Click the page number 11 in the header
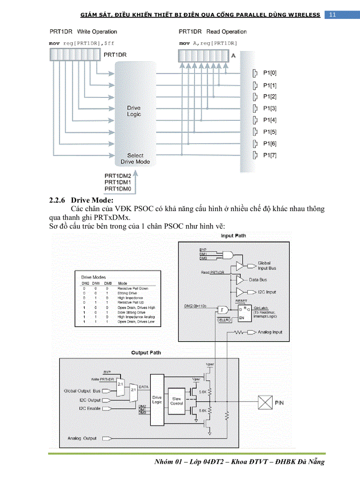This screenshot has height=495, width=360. pos(332,15)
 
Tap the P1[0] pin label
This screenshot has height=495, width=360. pos(270,73)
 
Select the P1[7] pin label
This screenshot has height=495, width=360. pos(270,155)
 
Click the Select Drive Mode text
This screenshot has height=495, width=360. pos(135,158)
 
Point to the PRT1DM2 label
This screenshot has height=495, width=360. pos(117,176)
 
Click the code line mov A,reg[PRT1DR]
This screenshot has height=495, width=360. pos(208,44)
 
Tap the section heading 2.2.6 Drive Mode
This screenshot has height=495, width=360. pos(81,200)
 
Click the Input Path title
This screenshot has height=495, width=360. pos(233,236)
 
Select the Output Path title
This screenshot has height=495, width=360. pos(146,353)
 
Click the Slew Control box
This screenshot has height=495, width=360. pos(176,401)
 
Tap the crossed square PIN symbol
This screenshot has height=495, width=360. pos(264,402)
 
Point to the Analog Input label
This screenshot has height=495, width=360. pos(270,332)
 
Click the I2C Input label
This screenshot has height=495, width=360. pos(267,292)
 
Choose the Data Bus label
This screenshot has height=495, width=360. pos(258,280)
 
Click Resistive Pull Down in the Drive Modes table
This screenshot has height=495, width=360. pos(133,288)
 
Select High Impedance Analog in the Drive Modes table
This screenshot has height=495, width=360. pos(136,317)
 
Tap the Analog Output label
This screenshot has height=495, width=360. pos(82,439)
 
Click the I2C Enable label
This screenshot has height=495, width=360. pos(90,409)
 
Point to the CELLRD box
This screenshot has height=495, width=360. pos(225,320)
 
